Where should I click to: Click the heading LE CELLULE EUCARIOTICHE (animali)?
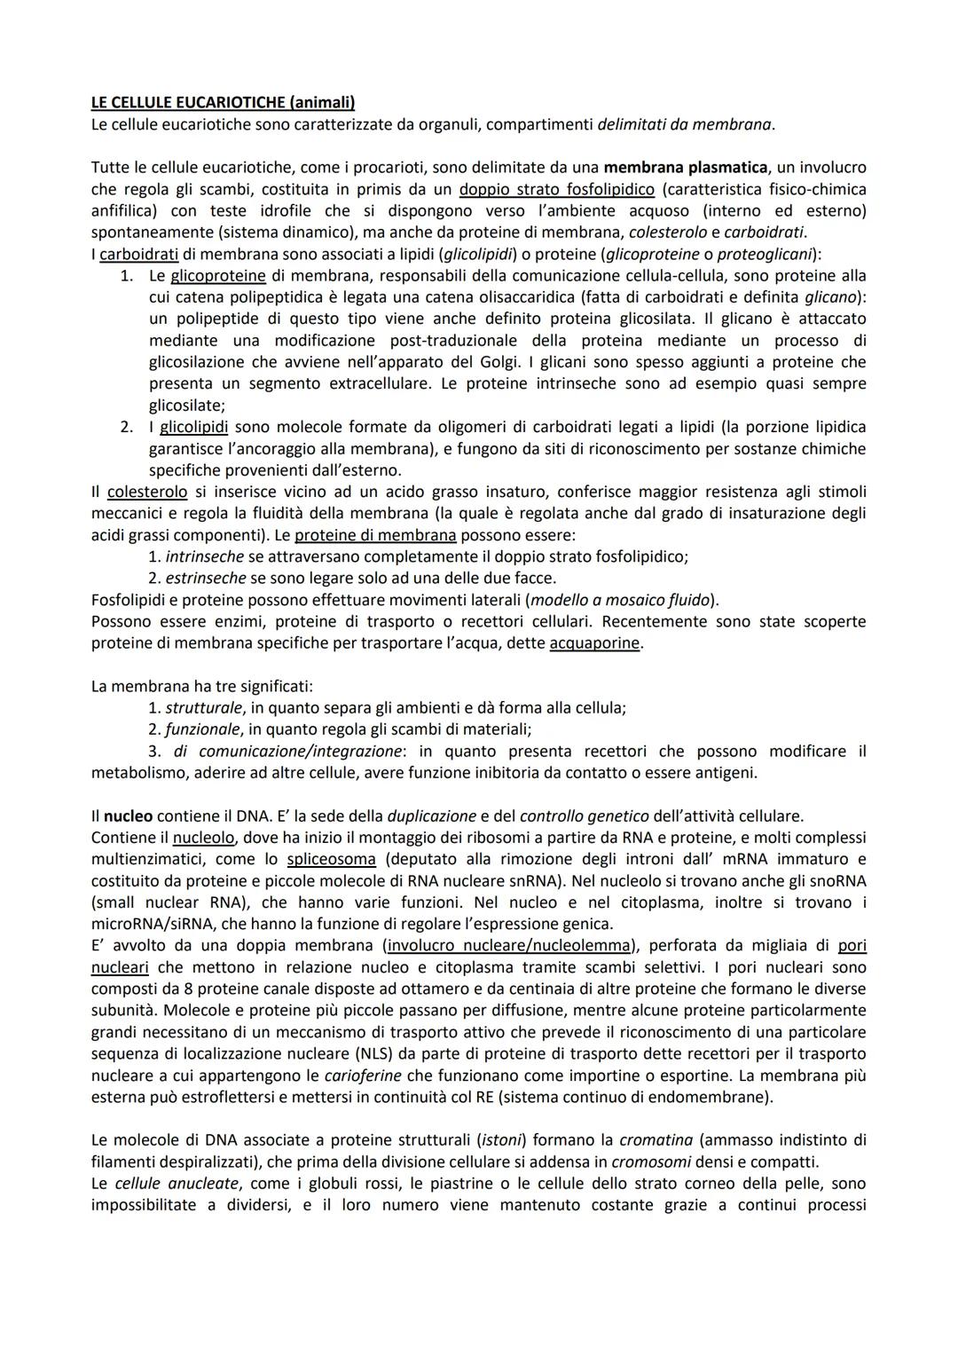(223, 103)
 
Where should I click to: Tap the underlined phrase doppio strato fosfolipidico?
(556, 189)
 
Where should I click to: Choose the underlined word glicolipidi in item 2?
(193, 427)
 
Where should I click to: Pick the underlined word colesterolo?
(147, 492)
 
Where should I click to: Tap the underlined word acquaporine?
(594, 643)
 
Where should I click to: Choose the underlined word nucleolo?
(203, 838)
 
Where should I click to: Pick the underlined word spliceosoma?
(331, 859)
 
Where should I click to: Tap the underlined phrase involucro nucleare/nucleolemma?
(510, 945)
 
